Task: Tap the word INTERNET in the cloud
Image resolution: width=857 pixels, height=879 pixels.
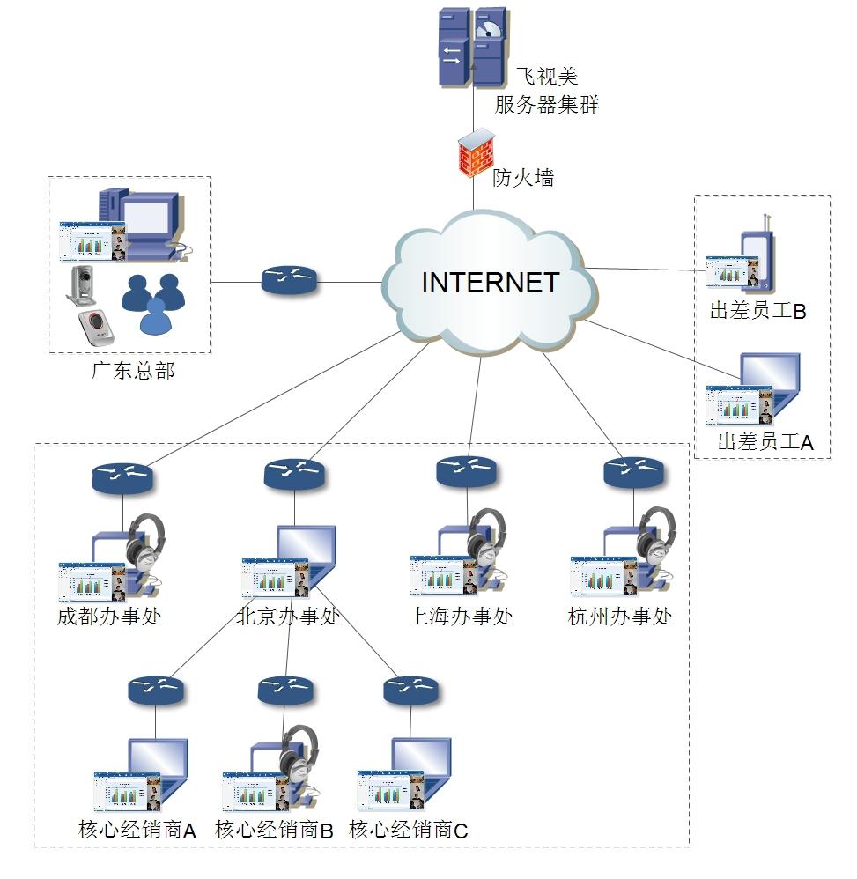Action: coord(490,283)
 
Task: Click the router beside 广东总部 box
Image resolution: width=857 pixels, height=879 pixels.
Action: coord(290,282)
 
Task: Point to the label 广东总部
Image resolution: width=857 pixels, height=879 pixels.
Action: coord(133,371)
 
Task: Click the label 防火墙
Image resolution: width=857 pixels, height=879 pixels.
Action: coord(523,177)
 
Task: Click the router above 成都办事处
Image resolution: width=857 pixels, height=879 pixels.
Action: coord(122,477)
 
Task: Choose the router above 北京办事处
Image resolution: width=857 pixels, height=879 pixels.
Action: coord(294,474)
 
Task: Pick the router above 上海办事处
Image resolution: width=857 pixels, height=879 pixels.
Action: coord(467,472)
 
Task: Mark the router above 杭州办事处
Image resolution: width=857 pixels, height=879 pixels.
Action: coord(634,472)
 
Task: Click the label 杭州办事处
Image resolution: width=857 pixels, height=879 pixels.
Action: coord(620,617)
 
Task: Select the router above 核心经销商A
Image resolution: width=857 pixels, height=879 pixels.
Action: coord(155,690)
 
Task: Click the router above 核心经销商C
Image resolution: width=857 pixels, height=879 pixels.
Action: coord(411,690)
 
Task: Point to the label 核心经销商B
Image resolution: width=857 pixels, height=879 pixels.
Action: coord(274,830)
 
